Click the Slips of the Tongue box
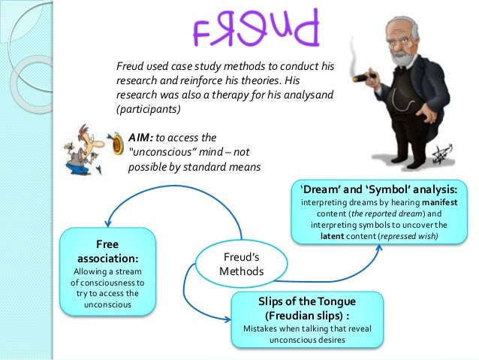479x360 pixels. pos(309,319)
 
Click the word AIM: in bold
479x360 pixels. pos(143,138)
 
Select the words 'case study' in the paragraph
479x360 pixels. pos(194,67)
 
